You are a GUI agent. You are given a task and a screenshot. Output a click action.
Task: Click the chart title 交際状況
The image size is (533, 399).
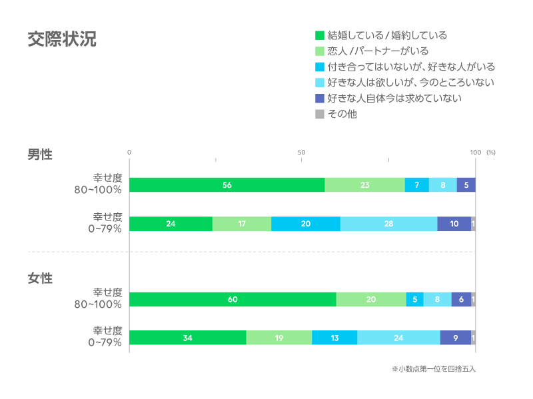62,39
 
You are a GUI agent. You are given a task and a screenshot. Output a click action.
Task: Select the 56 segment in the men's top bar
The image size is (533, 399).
227,185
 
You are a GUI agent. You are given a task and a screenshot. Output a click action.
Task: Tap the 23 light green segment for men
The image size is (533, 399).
364,185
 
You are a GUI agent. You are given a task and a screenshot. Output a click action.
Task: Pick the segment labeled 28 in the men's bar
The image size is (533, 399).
388,224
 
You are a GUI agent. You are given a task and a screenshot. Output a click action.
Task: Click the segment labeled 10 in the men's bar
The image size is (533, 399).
454,224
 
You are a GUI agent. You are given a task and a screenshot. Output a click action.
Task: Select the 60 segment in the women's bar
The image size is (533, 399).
233,299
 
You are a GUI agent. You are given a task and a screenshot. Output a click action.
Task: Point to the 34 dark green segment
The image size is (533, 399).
187,338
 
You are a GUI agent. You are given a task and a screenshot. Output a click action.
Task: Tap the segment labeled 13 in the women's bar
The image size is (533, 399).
334,338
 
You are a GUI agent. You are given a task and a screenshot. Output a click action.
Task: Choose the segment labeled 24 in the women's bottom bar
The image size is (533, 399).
398,338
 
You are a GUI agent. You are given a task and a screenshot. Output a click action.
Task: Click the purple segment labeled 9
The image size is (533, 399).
456,338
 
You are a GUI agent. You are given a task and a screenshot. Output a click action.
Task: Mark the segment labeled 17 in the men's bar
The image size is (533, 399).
242,224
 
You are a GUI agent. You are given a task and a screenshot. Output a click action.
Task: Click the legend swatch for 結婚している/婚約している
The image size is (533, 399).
320,35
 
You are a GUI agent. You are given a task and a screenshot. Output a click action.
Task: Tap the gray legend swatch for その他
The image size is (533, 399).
320,114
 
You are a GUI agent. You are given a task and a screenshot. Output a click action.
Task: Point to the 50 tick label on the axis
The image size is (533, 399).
302,153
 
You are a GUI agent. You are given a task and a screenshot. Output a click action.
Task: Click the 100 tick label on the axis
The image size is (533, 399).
475,153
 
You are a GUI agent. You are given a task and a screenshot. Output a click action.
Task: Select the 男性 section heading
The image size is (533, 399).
40,154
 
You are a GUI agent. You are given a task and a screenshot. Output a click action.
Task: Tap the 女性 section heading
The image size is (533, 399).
40,278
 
